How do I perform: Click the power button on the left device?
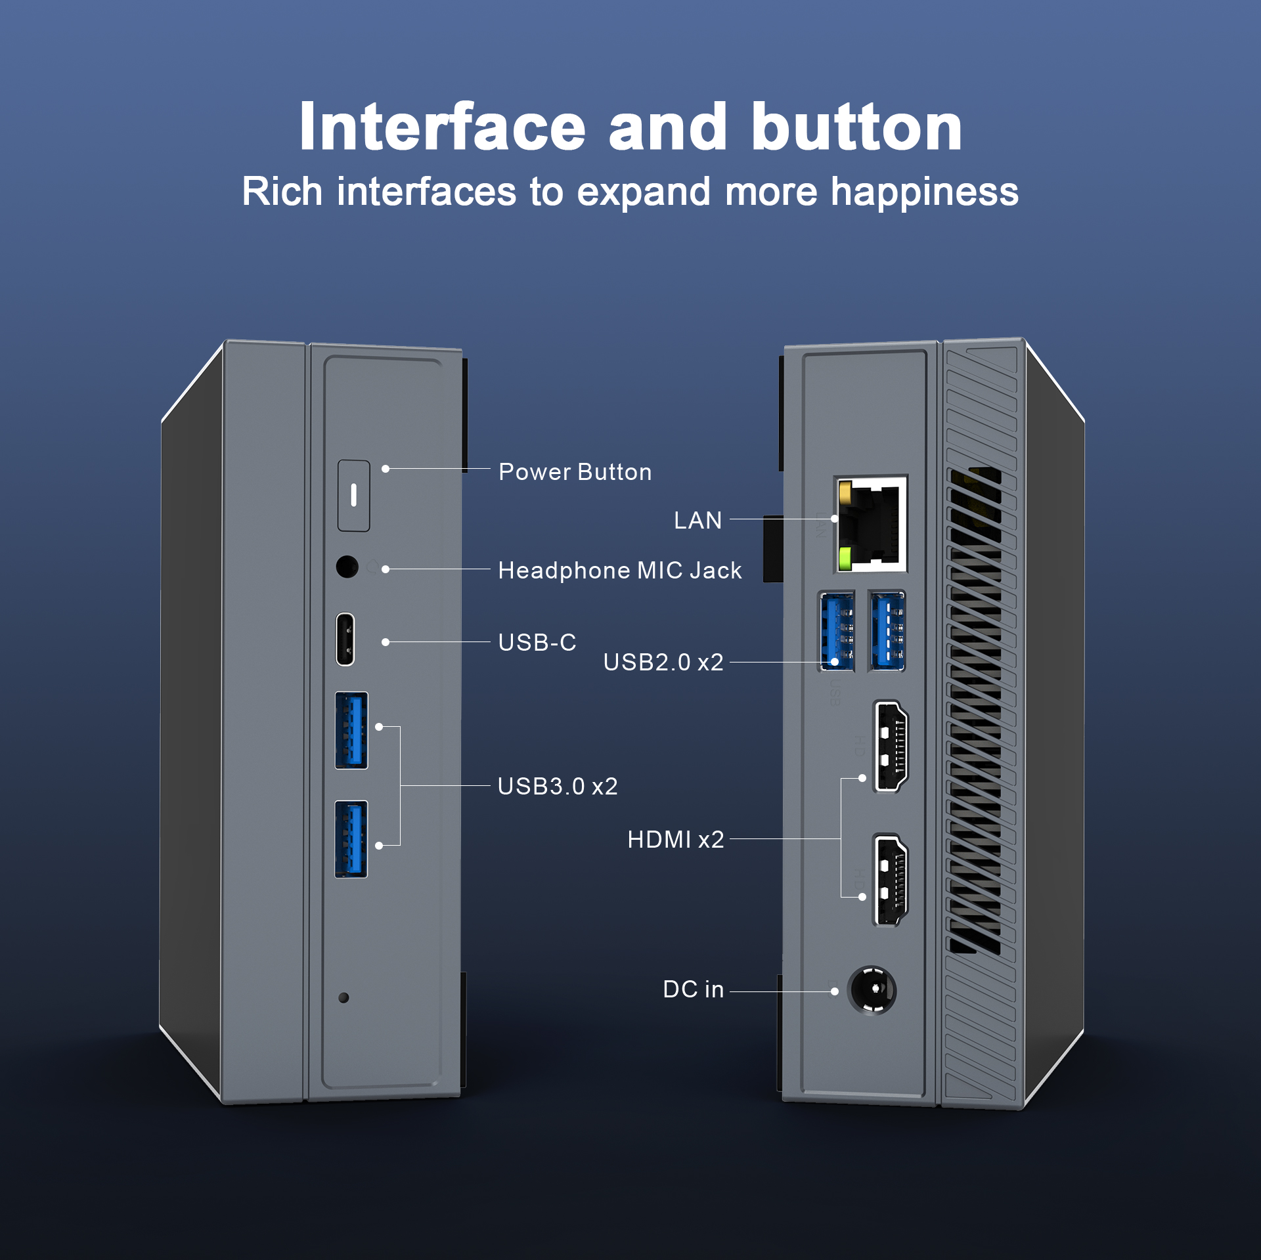pos(353,496)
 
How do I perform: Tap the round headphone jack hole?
pos(347,566)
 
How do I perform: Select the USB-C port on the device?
pos(345,639)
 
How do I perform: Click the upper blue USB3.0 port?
pos(351,730)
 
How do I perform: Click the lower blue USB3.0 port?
pos(351,839)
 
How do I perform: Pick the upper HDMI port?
pos(891,746)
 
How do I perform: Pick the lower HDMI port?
pos(891,880)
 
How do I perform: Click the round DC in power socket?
pos(872,989)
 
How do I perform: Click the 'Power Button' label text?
pos(575,472)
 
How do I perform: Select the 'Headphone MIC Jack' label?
pos(619,571)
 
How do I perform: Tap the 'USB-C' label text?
pos(537,642)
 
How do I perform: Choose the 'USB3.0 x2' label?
pos(558,786)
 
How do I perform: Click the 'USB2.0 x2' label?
pos(663,662)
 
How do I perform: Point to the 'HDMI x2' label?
pos(675,839)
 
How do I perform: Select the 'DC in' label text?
pos(693,989)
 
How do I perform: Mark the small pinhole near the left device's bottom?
pos(343,997)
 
